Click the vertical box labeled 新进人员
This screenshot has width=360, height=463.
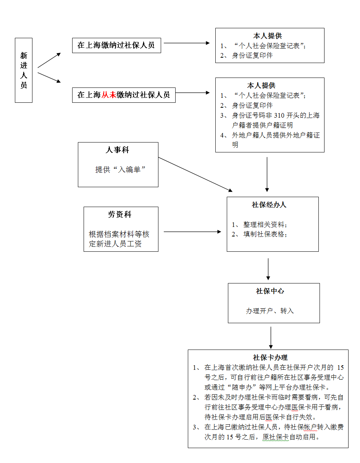pos(24,70)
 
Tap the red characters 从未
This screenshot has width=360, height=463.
pos(108,95)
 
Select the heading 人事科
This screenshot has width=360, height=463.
pos(117,150)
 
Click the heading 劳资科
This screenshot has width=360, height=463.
pos(119,214)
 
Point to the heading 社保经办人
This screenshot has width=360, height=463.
pos(269,204)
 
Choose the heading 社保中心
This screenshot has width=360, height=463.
pos(270,291)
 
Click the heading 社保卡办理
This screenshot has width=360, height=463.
pos(270,357)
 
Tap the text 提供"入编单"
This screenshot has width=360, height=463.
pos(120,170)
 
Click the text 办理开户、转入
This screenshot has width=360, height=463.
pos(270,311)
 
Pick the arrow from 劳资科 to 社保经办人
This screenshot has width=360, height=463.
pos(192,231)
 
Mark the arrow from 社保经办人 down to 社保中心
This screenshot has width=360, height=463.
pos(268,269)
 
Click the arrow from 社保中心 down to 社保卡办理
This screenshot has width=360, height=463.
pos(271,337)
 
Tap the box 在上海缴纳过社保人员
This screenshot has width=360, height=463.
pos(116,45)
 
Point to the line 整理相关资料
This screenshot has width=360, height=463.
pos(259,224)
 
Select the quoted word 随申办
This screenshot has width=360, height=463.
pos(242,387)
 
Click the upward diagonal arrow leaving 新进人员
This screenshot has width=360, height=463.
pos(49,60)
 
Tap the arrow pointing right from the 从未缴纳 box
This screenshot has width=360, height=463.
pos(193,93)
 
